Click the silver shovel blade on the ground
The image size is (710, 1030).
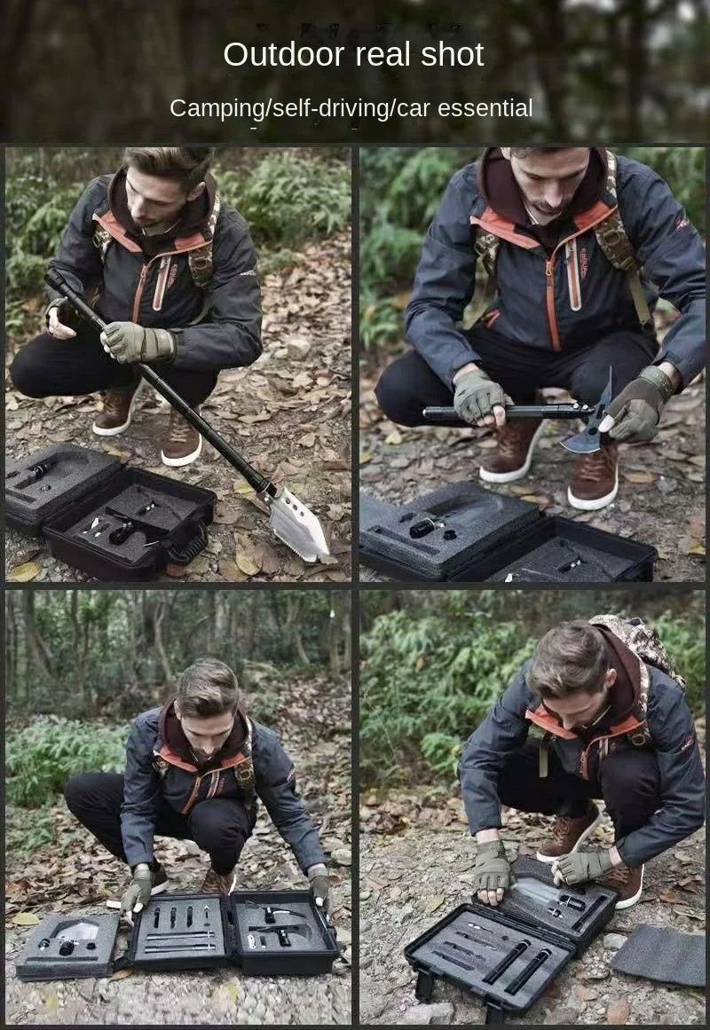click(x=297, y=524)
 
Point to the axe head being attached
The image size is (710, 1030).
click(x=588, y=421)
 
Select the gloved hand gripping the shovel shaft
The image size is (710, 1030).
click(x=136, y=342)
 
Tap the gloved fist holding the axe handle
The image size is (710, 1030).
click(x=478, y=398)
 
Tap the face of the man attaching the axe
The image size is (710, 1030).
click(x=549, y=182)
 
